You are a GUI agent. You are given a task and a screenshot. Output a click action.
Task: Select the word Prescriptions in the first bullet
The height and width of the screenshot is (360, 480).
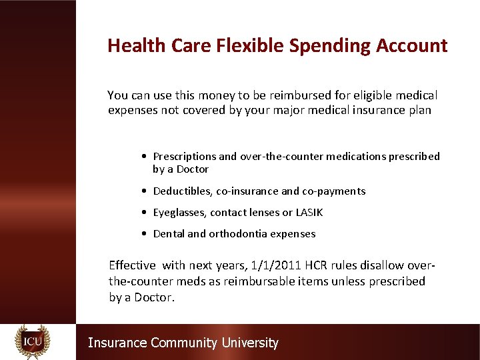coord(185,157)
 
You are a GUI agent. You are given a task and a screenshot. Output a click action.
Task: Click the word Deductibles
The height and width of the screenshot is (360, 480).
coord(183,191)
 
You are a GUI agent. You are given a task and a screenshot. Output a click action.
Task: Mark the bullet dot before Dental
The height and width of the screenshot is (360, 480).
coord(145,234)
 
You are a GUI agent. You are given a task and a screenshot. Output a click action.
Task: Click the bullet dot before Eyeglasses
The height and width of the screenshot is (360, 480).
coord(145,213)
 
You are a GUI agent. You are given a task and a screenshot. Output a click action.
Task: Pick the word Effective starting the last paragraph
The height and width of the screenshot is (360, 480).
coord(132,265)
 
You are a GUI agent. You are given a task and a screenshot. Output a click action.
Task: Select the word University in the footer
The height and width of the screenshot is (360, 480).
coord(249,343)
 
